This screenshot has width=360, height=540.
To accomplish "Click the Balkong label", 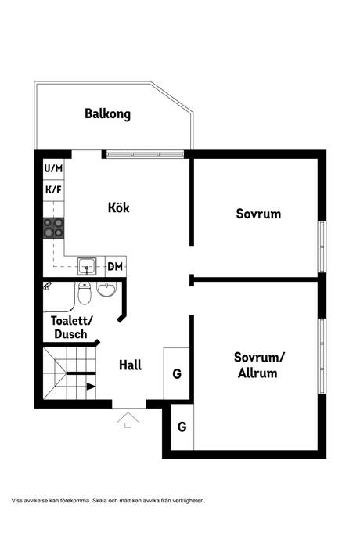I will tap(107, 114).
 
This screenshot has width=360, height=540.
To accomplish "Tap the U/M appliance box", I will tap(53, 168).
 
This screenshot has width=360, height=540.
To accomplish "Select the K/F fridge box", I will tap(53, 189).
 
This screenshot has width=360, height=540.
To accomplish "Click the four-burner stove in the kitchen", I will tap(53, 228).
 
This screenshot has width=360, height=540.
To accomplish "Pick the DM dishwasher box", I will tap(115, 267).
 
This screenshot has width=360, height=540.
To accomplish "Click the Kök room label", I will tap(118, 208).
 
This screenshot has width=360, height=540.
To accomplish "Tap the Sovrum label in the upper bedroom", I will tap(258, 214).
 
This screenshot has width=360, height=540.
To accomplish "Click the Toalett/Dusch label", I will tap(71, 327).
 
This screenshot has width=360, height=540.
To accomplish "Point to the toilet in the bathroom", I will tap(85, 295).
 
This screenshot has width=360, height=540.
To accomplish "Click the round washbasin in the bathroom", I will tap(106, 292).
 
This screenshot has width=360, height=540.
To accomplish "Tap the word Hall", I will tap(130, 365).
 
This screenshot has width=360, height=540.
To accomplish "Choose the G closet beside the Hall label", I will tap(177, 374).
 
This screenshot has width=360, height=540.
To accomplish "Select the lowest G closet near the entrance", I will tap(182, 427).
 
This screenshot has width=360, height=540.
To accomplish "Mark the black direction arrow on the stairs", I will tap(90, 387).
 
